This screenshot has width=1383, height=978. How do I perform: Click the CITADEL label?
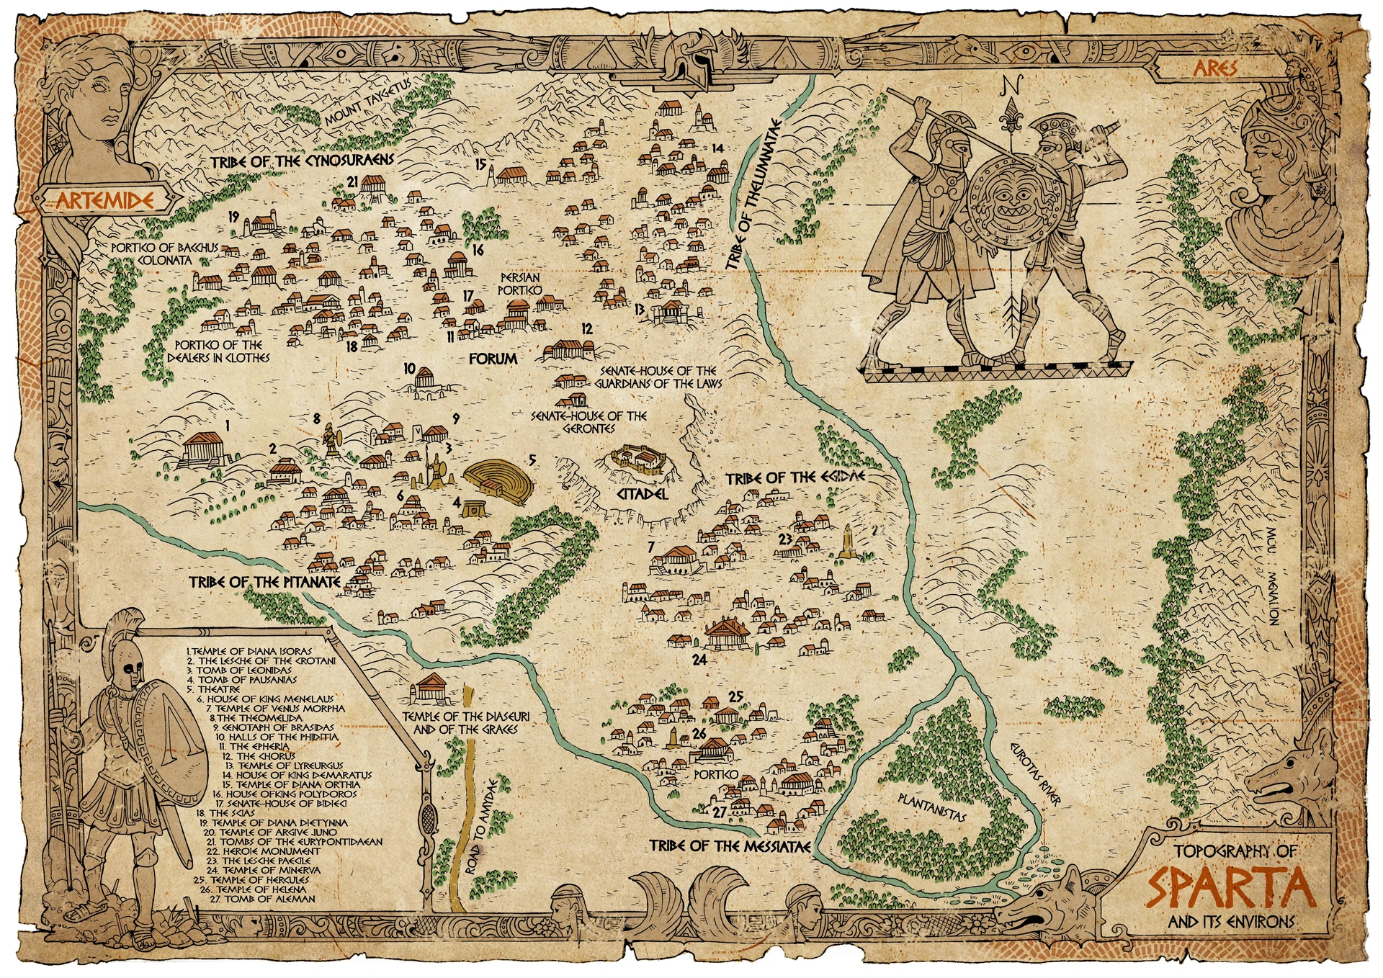[643, 495]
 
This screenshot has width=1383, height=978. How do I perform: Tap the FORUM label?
[493, 358]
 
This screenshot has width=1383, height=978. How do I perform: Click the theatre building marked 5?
[497, 476]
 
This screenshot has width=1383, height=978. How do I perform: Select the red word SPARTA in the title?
[1230, 888]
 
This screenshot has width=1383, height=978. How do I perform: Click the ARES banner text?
[1215, 68]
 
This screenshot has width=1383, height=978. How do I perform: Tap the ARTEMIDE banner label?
[105, 200]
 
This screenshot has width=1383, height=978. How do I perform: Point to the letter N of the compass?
[1011, 85]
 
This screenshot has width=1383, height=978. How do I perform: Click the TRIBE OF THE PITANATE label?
[264, 582]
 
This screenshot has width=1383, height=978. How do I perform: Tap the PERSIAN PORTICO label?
[519, 284]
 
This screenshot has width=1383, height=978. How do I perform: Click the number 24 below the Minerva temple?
[699, 659]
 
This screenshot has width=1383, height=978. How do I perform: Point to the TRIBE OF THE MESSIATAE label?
[730, 845]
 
